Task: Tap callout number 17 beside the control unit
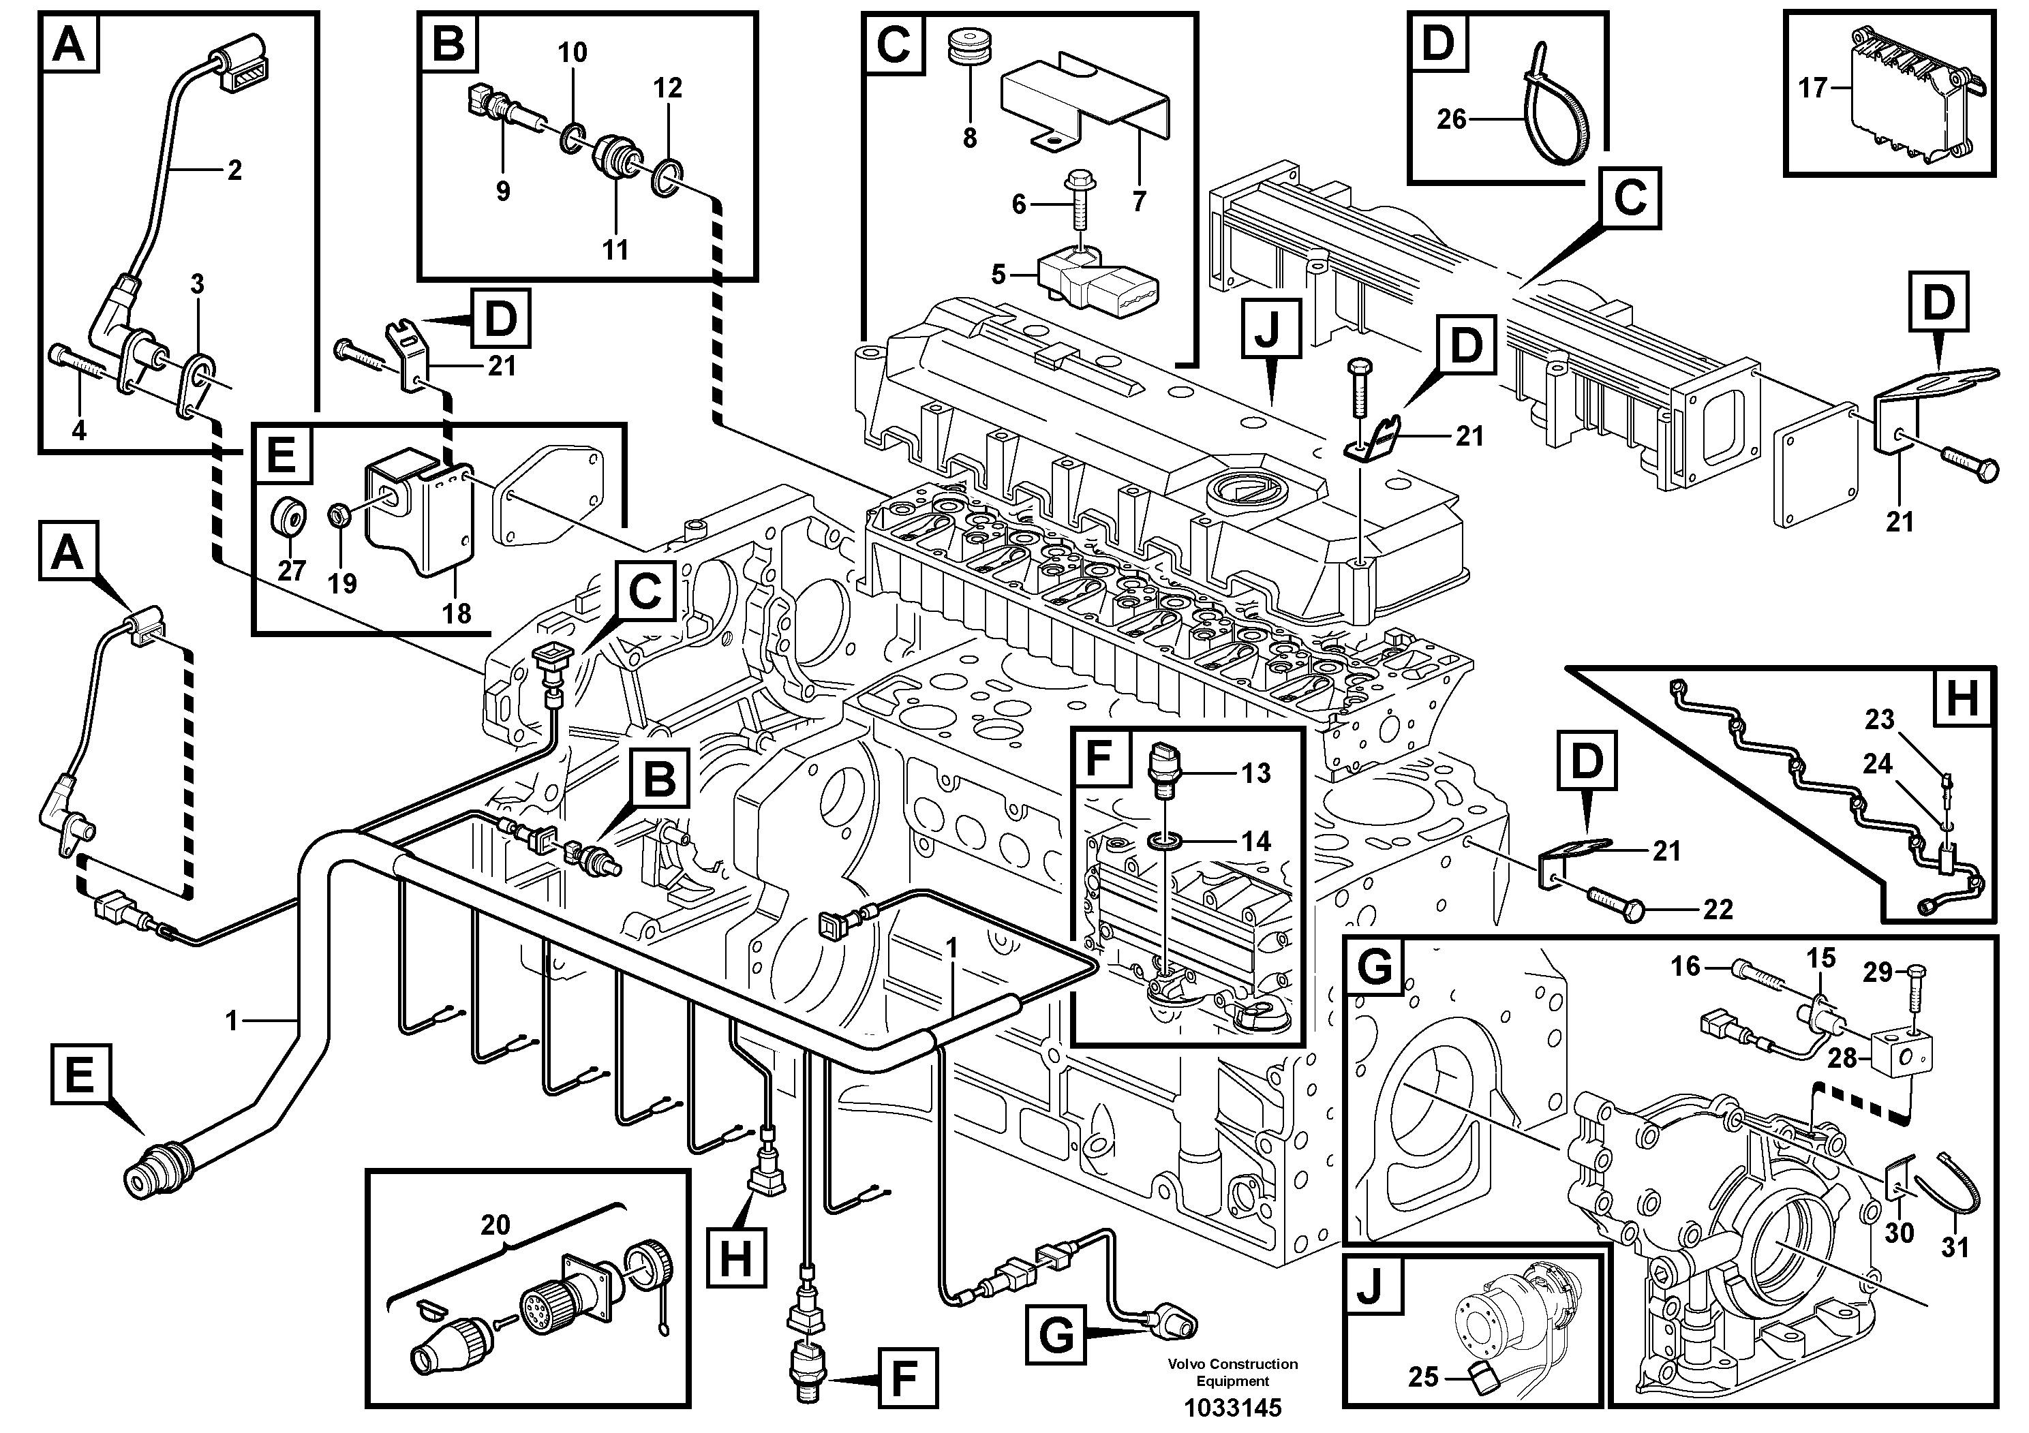pyautogui.click(x=1812, y=89)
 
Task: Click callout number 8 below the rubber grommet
pyautogui.click(x=969, y=139)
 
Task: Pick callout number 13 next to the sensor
pyautogui.click(x=1255, y=773)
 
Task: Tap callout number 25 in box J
pyautogui.click(x=1423, y=1377)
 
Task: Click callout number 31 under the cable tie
pyautogui.click(x=1955, y=1248)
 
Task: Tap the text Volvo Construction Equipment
pyautogui.click(x=1233, y=1373)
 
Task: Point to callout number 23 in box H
pyautogui.click(x=1880, y=720)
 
